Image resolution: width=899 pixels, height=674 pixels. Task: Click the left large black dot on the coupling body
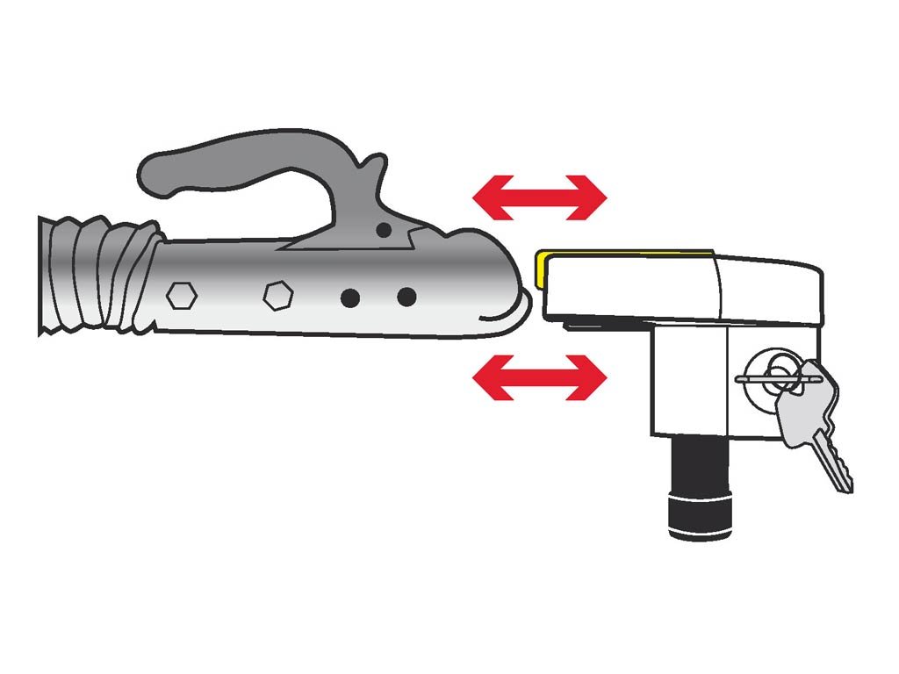point(350,298)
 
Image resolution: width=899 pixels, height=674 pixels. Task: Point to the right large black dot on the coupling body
point(406,298)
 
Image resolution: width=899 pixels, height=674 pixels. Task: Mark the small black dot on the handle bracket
point(382,229)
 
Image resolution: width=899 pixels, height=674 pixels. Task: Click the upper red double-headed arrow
point(539,197)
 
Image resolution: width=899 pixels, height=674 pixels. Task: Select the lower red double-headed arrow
point(539,377)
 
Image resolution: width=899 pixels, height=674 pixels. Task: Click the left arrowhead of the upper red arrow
point(488,197)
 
